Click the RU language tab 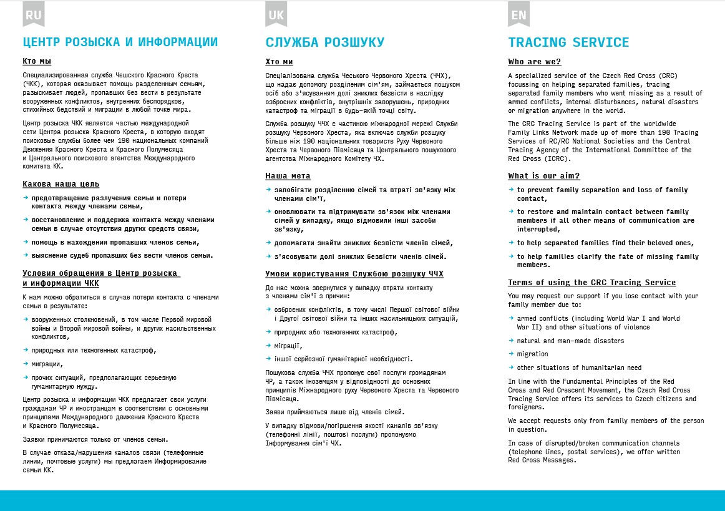point(34,14)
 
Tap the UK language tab point(276,14)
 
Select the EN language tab point(518,14)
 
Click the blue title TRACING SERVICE point(568,42)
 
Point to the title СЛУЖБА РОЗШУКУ point(324,42)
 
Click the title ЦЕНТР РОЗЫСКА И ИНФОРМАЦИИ point(120,42)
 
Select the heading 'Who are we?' point(534,62)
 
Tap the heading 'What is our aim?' point(543,176)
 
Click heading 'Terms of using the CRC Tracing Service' point(591,283)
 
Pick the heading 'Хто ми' point(279,62)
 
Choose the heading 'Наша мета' point(288,176)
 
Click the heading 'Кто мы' point(37,61)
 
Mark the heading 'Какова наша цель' point(61,184)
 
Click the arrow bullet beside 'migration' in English point(511,354)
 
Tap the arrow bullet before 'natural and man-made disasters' point(511,340)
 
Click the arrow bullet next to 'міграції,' point(268,345)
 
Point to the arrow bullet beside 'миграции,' point(26,363)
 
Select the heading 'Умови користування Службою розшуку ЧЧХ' point(354,274)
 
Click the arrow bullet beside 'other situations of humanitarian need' point(511,367)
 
